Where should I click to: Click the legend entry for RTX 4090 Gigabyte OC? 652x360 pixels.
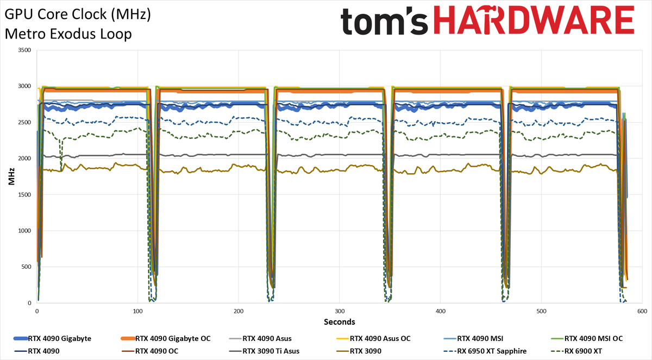tap(165, 338)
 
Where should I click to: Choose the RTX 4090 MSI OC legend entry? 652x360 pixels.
tap(587, 338)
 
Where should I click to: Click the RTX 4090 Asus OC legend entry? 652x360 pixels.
tap(373, 338)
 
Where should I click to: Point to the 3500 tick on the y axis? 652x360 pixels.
tap(24, 50)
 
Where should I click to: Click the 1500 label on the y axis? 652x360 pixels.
tap(24, 194)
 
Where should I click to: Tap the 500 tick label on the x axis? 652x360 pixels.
tap(541, 311)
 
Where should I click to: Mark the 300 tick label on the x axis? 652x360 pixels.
tap(340, 311)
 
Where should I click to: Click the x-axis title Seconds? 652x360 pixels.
tap(340, 322)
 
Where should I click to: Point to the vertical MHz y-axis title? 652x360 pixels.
tap(11, 176)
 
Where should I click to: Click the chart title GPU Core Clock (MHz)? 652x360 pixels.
tap(78, 15)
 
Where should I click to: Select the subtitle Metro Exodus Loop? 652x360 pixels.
tap(68, 34)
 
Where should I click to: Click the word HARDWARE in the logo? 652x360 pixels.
tap(534, 20)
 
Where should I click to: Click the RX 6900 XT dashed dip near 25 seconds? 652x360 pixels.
tap(61, 154)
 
